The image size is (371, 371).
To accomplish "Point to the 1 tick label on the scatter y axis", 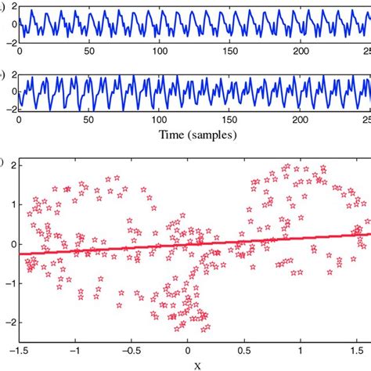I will coord(9,204).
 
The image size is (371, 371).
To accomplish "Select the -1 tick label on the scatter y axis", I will coord(7,283).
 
